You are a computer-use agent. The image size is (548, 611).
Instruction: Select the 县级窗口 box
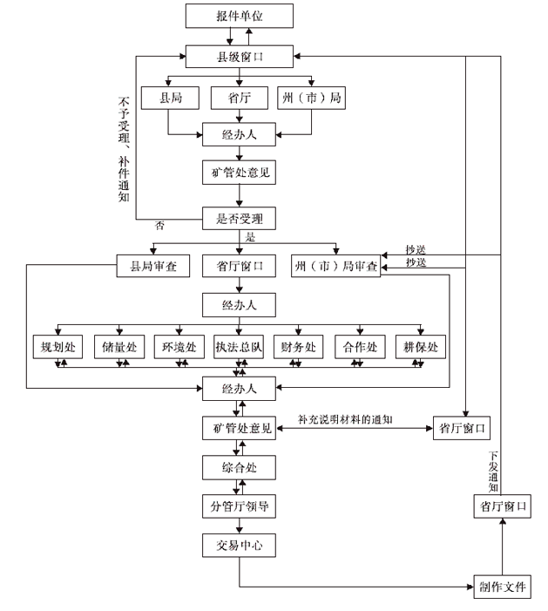coord(240,58)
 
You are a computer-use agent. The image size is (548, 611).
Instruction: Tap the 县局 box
coord(170,98)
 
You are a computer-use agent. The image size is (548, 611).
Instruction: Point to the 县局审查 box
coord(153,265)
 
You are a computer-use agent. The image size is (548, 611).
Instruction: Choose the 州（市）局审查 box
coord(335,265)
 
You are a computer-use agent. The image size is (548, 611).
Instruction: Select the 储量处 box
coord(119,347)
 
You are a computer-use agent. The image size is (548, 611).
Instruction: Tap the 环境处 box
coord(179,347)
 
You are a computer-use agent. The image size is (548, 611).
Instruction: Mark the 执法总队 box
coord(240,347)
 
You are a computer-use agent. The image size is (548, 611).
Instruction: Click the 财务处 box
coord(300,347)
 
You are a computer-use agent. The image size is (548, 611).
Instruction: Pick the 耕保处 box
coord(421,347)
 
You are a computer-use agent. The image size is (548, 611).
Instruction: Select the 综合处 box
coord(240,467)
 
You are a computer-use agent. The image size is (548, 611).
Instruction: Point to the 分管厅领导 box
coord(240,506)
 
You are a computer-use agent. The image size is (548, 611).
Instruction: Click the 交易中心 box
coord(240,547)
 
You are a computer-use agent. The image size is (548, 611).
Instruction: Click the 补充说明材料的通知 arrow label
coord(345,419)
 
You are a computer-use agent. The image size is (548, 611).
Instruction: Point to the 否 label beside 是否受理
coord(159,227)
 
